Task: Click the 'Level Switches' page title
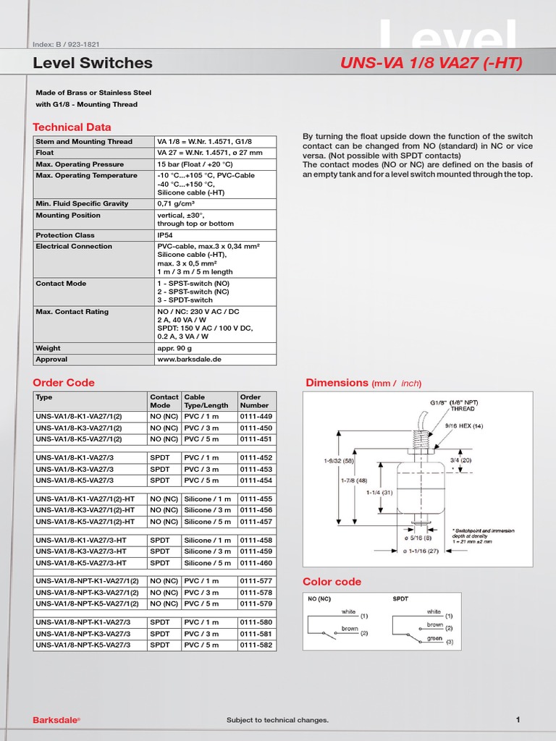(x=93, y=63)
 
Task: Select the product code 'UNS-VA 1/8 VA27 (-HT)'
(x=431, y=64)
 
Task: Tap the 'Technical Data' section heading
(x=72, y=127)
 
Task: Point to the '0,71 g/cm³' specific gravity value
(x=178, y=203)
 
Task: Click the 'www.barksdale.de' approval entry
(x=189, y=359)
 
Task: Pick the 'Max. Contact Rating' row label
(x=72, y=312)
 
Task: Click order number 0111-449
(x=256, y=416)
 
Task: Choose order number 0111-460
(x=256, y=563)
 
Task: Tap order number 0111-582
(x=256, y=645)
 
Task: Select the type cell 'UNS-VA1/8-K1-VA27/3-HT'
(x=81, y=541)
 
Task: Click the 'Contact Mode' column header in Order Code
(x=164, y=401)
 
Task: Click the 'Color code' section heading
(x=332, y=582)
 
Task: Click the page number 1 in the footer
(x=518, y=719)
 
